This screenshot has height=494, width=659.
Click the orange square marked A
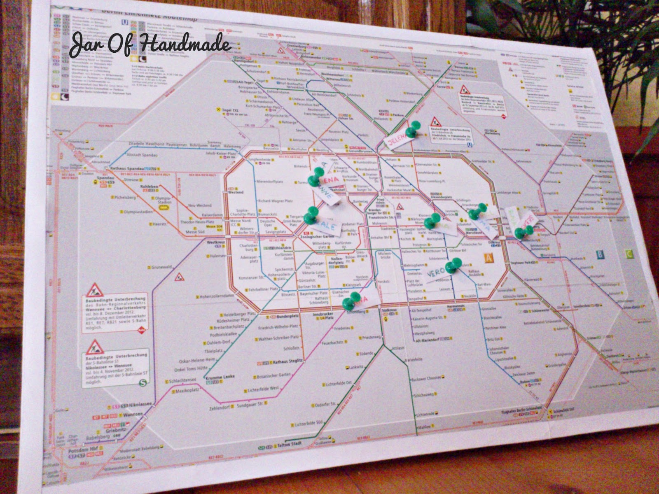click(x=488, y=259)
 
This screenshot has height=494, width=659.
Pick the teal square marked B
click(x=600, y=255)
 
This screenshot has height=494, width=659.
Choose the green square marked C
click(x=629, y=254)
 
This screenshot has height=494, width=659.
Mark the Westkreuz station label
click(x=215, y=242)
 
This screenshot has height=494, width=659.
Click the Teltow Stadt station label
click(x=288, y=444)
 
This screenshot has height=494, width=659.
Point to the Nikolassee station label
click(x=140, y=405)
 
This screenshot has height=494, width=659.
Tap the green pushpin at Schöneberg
click(x=351, y=301)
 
